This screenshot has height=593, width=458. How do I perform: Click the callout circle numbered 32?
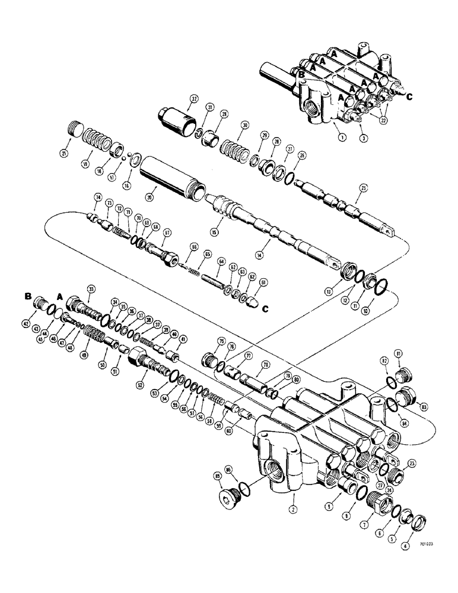[193, 98]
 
